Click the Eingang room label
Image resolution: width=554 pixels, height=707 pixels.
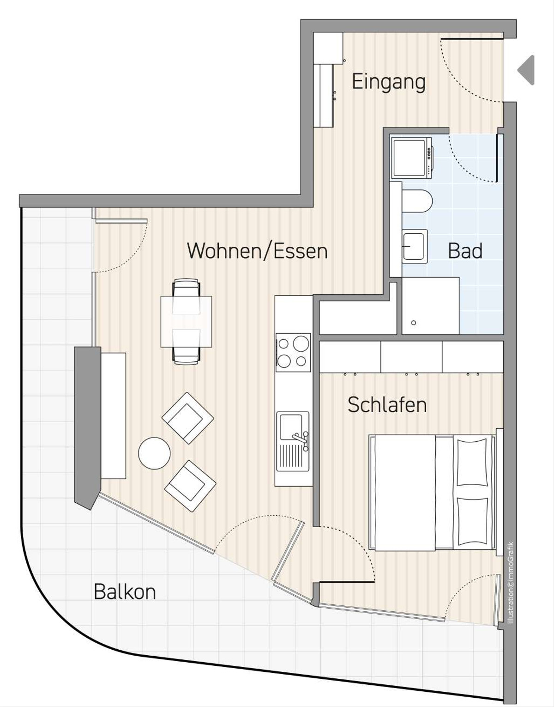(389, 82)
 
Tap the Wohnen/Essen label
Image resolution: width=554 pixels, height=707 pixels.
(257, 251)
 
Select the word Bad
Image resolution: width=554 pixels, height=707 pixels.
(465, 251)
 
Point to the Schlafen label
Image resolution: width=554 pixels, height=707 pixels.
(387, 405)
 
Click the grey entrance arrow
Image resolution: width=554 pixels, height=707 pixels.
(526, 70)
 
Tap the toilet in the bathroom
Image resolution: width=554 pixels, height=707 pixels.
(417, 201)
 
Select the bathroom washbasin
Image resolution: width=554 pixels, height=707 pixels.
(414, 246)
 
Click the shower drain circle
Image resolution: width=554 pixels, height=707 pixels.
(414, 323)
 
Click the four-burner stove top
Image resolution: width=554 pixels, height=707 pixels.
(293, 352)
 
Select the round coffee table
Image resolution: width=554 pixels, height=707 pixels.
(154, 453)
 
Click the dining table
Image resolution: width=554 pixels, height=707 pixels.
(186, 322)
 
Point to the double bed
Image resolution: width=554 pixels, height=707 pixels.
(433, 493)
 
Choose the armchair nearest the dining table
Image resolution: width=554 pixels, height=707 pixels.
(188, 418)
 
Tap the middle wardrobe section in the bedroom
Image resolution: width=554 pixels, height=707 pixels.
(411, 357)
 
